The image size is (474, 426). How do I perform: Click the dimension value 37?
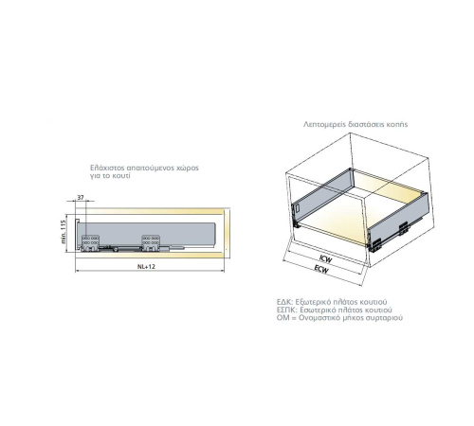(x=81, y=197)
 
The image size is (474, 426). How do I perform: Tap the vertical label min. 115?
(x=63, y=232)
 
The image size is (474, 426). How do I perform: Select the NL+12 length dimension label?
(x=146, y=266)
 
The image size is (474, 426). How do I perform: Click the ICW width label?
(x=325, y=259)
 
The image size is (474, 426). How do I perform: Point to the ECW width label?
(x=321, y=269)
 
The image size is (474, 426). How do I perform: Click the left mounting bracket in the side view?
(x=90, y=243)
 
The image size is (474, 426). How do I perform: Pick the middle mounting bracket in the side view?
(x=151, y=243)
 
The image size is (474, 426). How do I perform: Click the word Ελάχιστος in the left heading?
(x=105, y=168)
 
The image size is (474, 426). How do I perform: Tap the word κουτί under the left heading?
(x=121, y=176)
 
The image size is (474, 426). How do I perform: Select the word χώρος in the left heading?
(x=188, y=169)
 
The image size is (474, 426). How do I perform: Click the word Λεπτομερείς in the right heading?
(x=324, y=124)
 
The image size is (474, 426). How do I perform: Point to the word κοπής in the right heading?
(x=398, y=124)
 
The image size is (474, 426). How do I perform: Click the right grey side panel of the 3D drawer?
(x=399, y=219)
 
